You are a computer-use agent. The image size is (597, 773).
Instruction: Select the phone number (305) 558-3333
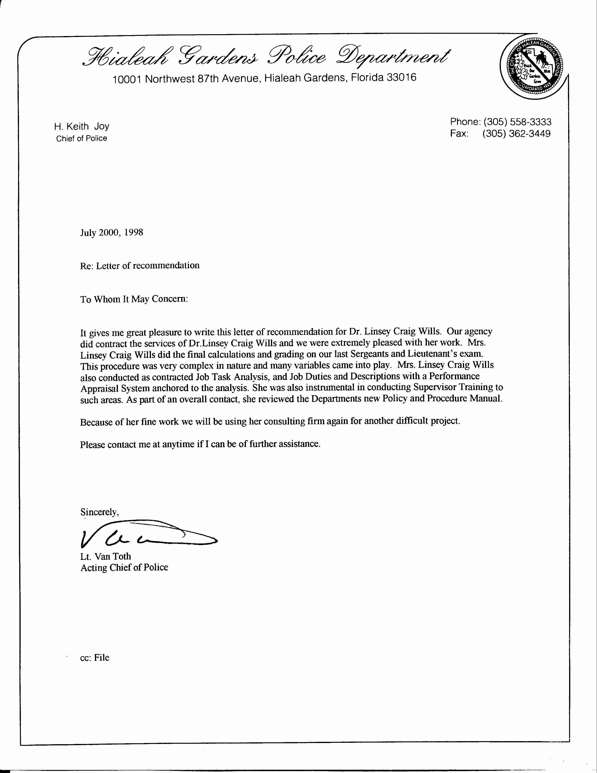pyautogui.click(x=517, y=122)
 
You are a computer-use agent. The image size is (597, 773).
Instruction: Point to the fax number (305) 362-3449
pyautogui.click(x=516, y=134)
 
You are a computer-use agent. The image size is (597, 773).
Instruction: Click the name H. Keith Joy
pyautogui.click(x=81, y=126)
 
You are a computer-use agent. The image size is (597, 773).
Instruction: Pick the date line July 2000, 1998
pyautogui.click(x=112, y=233)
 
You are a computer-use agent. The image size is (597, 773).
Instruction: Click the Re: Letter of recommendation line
pyautogui.click(x=140, y=265)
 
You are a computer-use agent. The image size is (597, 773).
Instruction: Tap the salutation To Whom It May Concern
pyautogui.click(x=134, y=299)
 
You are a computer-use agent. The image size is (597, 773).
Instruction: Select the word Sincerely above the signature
pyautogui.click(x=99, y=512)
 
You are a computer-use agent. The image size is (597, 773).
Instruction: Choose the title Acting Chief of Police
pyautogui.click(x=124, y=567)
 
